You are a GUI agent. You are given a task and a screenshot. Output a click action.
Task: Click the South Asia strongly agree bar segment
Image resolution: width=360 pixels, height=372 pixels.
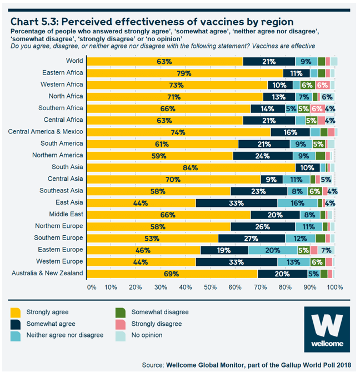click(192, 167)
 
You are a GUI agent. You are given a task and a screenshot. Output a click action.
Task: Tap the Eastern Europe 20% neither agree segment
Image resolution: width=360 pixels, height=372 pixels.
click(272, 250)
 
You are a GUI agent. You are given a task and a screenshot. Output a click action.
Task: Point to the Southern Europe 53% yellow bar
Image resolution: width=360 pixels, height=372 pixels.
click(153, 238)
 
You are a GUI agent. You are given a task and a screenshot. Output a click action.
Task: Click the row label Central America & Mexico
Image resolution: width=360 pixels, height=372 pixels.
click(46, 132)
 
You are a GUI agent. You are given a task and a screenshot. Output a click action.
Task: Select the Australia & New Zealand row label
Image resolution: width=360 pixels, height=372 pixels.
click(47, 273)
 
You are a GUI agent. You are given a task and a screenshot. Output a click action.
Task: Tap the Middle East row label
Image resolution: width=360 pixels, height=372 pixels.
click(66, 214)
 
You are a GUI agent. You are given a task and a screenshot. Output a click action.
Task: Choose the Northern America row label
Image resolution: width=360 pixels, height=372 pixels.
click(58, 155)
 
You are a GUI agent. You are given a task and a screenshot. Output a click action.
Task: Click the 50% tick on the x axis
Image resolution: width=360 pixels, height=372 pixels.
click(211, 287)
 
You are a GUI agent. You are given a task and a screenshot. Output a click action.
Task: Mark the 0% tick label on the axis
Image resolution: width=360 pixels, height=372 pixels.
click(92, 287)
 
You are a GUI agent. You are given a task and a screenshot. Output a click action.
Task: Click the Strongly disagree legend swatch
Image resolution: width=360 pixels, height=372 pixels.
click(122, 324)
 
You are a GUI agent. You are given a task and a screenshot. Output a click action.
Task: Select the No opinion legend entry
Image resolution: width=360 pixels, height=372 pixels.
click(147, 335)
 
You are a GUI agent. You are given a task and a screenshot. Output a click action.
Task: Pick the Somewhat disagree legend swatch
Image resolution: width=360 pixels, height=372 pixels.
click(122, 313)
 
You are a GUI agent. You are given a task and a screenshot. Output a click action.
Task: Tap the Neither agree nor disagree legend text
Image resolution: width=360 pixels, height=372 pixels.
click(65, 335)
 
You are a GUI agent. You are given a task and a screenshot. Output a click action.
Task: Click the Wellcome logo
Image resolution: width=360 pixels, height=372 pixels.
click(330, 330)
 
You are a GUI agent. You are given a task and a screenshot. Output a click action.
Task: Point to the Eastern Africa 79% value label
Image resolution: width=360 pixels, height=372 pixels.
click(184, 73)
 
